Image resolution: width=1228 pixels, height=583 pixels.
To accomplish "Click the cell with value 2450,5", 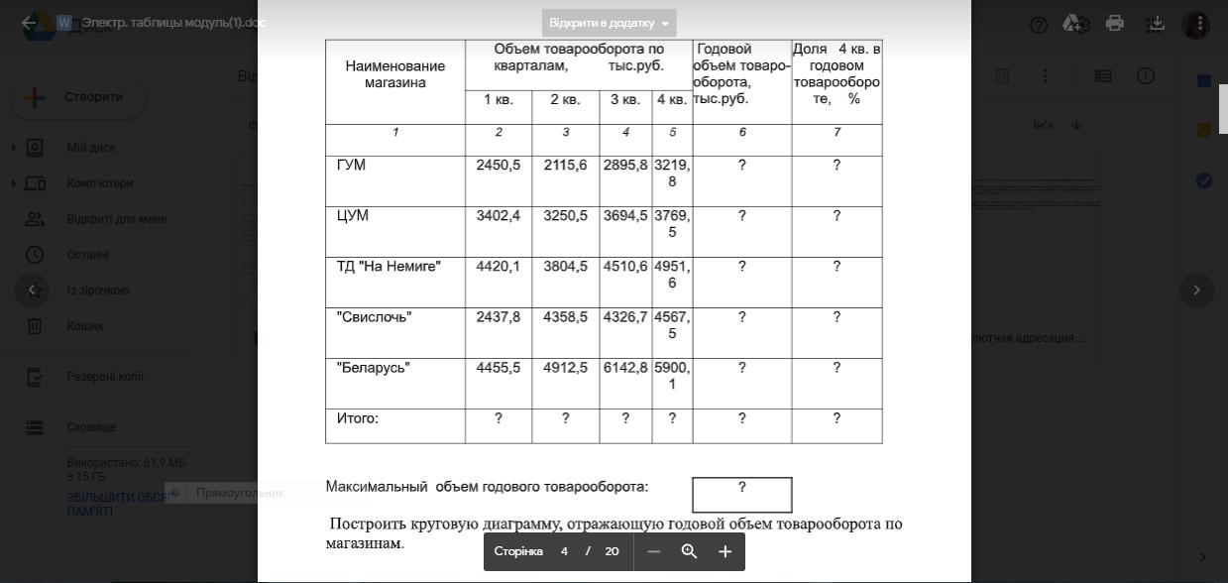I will (x=498, y=166).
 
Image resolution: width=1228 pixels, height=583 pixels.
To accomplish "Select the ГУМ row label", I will (x=351, y=166).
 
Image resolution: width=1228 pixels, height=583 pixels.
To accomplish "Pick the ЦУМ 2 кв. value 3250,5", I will (x=565, y=216).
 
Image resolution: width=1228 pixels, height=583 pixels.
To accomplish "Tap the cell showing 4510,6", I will (x=625, y=267).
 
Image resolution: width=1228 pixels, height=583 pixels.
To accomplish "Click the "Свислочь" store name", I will (x=374, y=317).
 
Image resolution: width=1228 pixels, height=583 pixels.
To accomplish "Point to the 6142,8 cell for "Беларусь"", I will (x=625, y=368).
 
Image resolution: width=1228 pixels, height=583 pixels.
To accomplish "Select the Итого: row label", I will (x=358, y=418).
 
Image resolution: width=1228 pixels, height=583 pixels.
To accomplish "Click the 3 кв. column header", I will (x=625, y=100).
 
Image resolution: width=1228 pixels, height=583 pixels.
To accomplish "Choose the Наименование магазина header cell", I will (x=394, y=74).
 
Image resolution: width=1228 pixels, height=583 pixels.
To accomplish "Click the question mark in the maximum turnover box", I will (x=741, y=488).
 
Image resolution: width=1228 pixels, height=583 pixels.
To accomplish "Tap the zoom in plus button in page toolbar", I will (x=725, y=551).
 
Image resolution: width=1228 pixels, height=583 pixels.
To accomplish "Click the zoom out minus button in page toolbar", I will (x=653, y=551).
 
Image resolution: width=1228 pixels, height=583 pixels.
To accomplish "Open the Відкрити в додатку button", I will (x=609, y=23).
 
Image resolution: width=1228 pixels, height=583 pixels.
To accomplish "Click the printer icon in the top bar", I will (x=1115, y=24).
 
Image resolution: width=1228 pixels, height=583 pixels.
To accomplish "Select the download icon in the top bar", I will (x=1156, y=24).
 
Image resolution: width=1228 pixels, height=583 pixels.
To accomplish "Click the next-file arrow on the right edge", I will (x=1196, y=291).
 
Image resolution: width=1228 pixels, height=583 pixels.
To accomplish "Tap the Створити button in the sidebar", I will (x=78, y=97).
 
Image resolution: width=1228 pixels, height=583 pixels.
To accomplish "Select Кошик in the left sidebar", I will (x=84, y=325).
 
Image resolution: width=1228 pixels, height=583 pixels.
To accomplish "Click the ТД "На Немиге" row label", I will (x=389, y=267).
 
